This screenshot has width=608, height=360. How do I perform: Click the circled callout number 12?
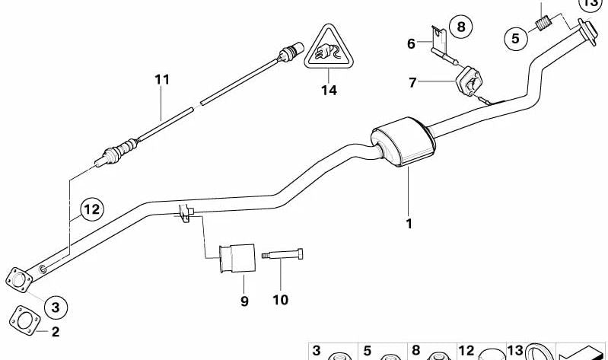[92, 209]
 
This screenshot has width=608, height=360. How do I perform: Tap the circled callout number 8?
[460, 27]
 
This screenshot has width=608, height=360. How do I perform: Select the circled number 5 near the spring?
[516, 38]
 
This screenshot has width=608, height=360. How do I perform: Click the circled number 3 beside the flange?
[56, 307]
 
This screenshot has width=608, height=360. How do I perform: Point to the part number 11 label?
[162, 79]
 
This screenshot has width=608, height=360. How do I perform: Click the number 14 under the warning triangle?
[329, 91]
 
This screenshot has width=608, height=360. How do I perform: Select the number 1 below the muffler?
[409, 224]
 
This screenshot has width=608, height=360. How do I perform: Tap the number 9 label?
[244, 301]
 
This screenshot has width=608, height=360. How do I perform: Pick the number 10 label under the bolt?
[280, 300]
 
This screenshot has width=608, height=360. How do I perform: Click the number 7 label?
[412, 82]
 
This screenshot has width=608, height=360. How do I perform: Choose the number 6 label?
[411, 43]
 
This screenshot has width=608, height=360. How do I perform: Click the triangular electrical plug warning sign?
[329, 47]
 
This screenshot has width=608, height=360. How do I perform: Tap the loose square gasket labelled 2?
[25, 321]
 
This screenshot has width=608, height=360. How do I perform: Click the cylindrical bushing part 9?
[237, 258]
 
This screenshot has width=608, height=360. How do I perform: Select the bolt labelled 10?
[282, 254]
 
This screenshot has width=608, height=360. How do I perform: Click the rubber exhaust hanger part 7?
[469, 81]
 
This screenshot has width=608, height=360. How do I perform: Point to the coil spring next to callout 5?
[543, 23]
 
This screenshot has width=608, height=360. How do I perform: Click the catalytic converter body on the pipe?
[403, 142]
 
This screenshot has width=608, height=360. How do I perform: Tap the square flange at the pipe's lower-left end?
[18, 280]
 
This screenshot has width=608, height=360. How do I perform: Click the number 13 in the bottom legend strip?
[516, 350]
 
